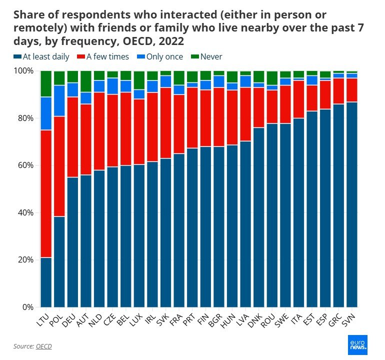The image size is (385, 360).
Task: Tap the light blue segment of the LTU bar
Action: click(46, 113)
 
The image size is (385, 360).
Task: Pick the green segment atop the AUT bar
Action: click(86, 81)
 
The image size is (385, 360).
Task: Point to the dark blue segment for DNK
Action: click(259, 217)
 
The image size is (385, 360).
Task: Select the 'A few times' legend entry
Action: click(103, 57)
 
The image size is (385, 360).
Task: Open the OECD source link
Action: click(43, 346)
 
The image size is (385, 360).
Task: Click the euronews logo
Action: click(357, 345)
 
